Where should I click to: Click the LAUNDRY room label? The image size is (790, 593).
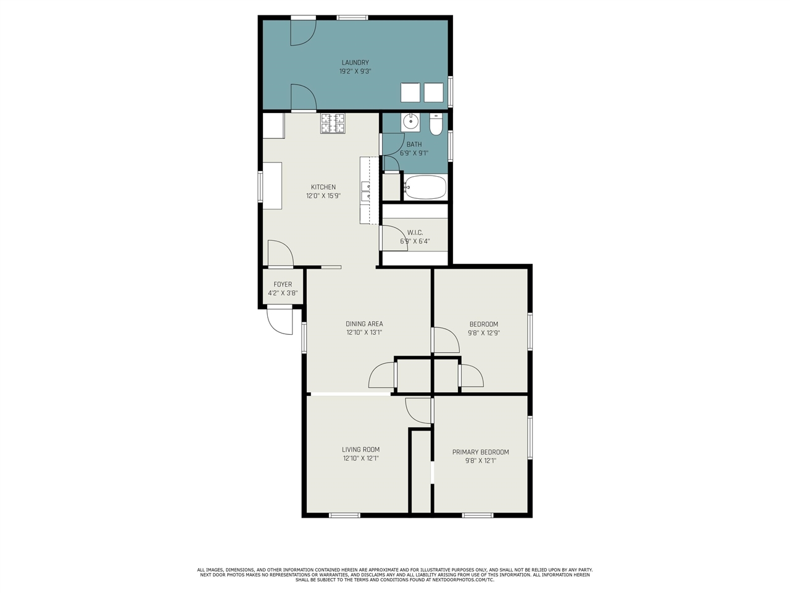coord(355,62)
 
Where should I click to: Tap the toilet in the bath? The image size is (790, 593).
coord(436,124)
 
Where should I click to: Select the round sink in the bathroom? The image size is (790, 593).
coord(410,122)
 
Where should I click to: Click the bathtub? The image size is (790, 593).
coord(425,187)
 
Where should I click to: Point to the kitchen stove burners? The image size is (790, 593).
coord(333,123)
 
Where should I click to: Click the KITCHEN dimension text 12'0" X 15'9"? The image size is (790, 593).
coord(323,196)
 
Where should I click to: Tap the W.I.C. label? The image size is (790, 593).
coord(415,233)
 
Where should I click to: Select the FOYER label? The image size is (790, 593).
coord(283,284)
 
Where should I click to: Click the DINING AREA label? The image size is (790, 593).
coord(364,324)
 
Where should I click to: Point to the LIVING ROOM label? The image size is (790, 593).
coord(360,449)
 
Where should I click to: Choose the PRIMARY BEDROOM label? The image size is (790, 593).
coord(480,452)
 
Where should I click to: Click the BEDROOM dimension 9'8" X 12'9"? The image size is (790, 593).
coord(484,333)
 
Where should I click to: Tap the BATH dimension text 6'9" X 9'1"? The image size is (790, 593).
coord(414,153)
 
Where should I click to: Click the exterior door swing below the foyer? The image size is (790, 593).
coord(280,322)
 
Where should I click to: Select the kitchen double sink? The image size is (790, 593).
coord(365,191)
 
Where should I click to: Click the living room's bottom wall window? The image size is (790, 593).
coord(344,515)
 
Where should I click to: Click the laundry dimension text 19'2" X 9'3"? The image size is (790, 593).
coord(355,71)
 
